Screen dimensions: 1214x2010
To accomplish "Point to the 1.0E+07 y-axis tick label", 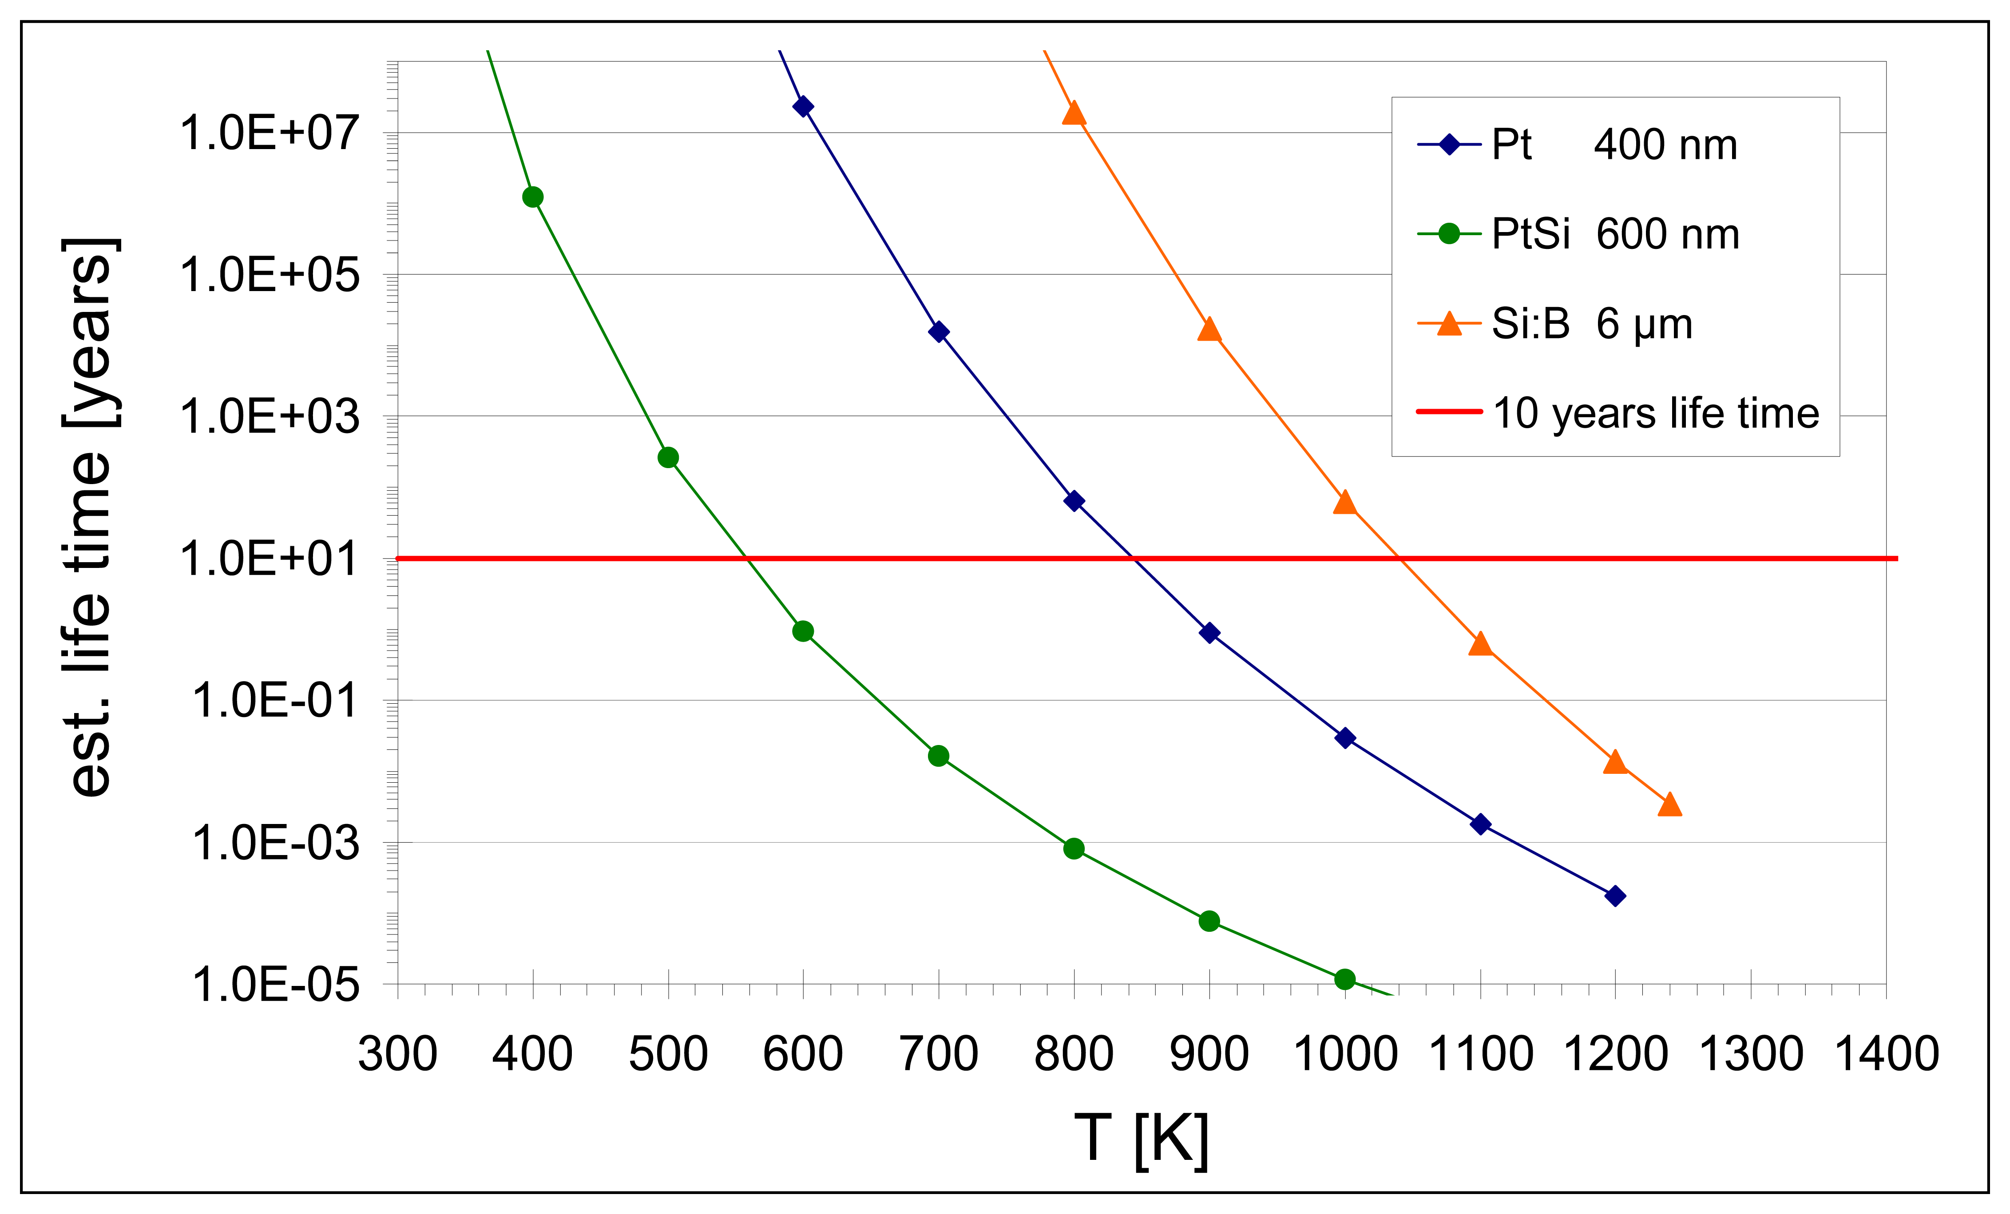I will pos(269,133).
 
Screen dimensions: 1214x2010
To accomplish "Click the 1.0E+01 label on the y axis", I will pos(269,560).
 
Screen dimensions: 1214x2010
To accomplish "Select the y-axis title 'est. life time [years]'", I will pos(90,518).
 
